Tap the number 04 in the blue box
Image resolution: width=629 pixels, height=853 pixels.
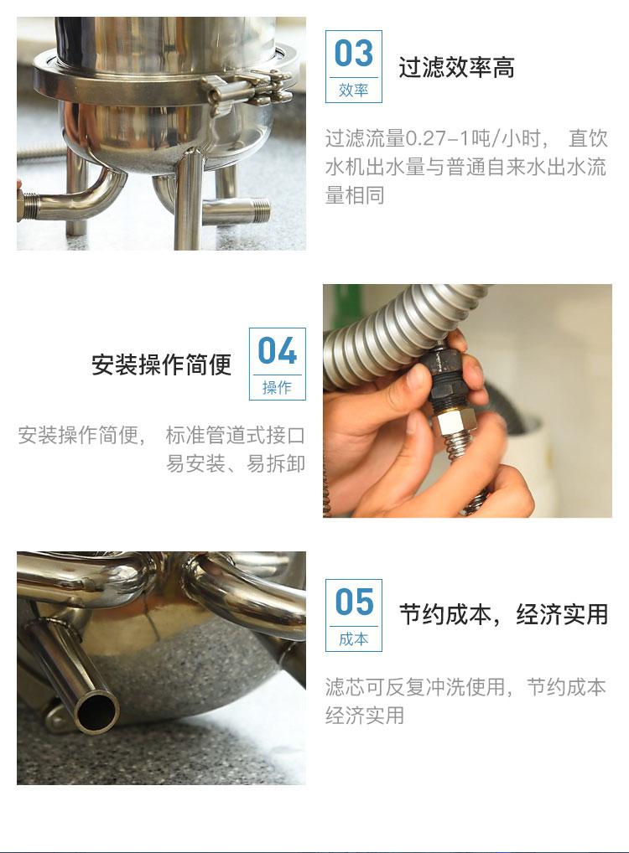point(278,350)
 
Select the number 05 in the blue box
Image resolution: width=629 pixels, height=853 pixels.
point(354,602)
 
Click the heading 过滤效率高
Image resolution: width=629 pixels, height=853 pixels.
point(456,68)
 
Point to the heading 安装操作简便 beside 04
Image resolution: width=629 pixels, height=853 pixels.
point(162,364)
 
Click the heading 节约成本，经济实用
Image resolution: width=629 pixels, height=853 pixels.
point(503,615)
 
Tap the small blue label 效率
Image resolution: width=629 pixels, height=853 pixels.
point(353,90)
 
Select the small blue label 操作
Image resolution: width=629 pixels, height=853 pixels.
point(278,387)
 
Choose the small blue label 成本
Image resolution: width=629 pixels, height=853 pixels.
point(353,638)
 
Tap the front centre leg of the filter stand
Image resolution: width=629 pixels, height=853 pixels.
point(189,201)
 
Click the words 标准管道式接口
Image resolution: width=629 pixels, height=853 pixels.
point(236,435)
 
